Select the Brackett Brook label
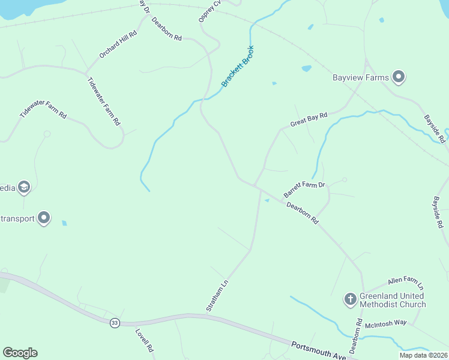(x=238, y=66)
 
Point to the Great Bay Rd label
(x=309, y=118)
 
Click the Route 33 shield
(x=114, y=323)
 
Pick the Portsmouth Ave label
(x=318, y=351)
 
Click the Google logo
(x=20, y=352)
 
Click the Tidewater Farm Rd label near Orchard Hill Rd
(x=103, y=101)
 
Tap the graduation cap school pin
(x=24, y=187)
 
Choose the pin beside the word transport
(x=44, y=217)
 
